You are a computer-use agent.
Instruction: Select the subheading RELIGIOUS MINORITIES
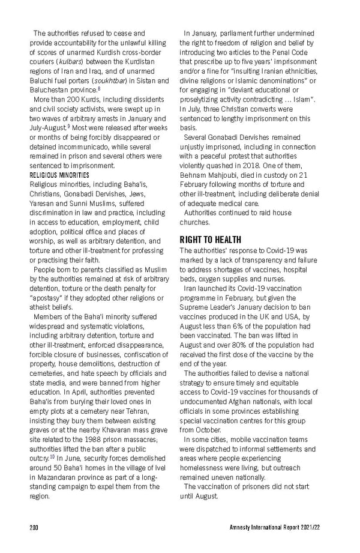pyautogui.click(x=59, y=175)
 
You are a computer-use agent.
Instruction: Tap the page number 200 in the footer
pyautogui.click(x=34, y=528)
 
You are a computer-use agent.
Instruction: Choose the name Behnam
pyautogui.click(x=194, y=174)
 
